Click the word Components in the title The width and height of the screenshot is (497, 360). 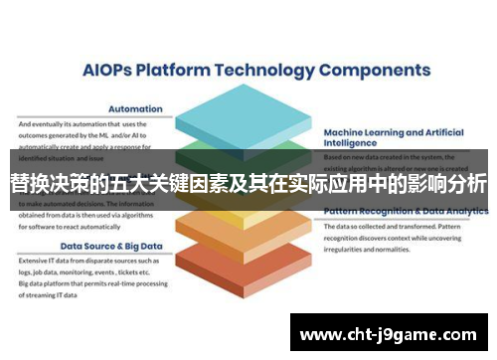[381, 72]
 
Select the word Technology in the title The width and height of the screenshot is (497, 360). [261, 72]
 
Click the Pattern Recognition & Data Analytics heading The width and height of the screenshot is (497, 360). [400, 212]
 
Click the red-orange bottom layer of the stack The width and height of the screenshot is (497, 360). [248, 267]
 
